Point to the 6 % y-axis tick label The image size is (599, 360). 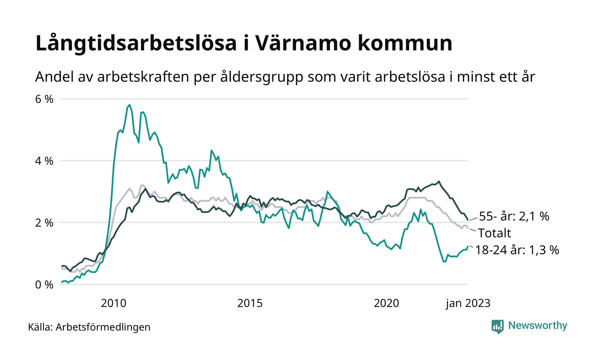click(44, 99)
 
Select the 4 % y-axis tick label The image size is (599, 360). click(44, 161)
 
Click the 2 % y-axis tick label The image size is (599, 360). click(44, 223)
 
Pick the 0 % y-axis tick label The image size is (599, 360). click(44, 285)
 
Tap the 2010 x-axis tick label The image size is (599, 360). click(114, 303)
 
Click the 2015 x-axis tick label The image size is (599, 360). click(250, 303)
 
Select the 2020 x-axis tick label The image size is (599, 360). click(387, 303)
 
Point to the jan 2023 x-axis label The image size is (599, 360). click(468, 303)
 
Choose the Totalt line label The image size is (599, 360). click(495, 234)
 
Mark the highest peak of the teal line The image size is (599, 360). click(129, 105)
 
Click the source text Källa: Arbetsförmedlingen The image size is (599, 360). click(89, 327)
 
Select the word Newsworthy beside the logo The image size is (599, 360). click(537, 326)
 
